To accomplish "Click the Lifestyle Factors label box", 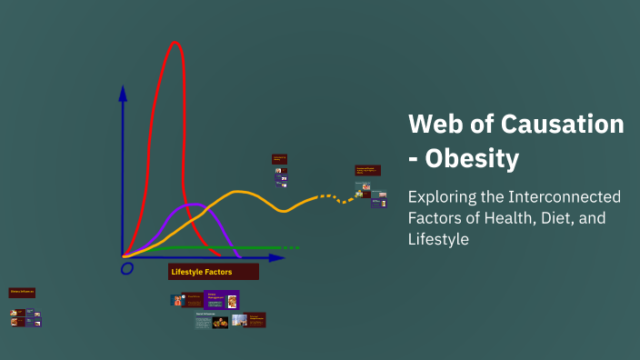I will (x=213, y=272).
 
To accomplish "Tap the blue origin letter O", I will (x=127, y=268).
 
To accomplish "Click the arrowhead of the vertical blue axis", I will (x=123, y=92).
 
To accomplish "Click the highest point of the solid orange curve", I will (x=238, y=192).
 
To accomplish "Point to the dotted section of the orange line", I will (x=332, y=196).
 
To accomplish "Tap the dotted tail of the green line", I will (x=289, y=247).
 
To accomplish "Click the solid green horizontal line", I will (x=218, y=247).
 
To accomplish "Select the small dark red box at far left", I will (x=22, y=293).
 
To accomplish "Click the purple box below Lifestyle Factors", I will (x=221, y=299).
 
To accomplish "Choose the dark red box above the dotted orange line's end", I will (x=367, y=170).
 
